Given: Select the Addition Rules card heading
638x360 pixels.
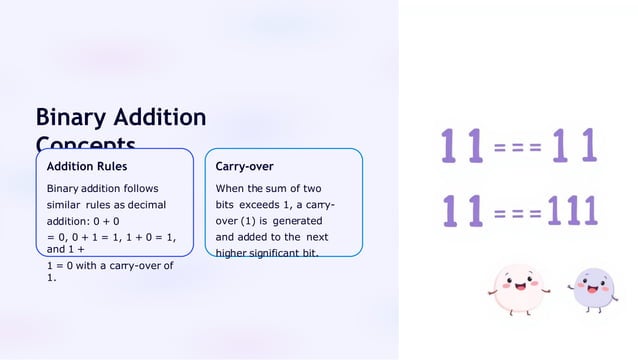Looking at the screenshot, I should tap(87, 166).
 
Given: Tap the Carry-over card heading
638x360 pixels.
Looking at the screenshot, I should tap(245, 166).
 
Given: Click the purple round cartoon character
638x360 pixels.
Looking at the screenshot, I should tap(594, 289).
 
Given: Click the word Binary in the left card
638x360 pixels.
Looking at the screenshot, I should tap(62, 188).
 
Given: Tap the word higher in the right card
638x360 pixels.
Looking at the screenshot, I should tap(232, 253).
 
